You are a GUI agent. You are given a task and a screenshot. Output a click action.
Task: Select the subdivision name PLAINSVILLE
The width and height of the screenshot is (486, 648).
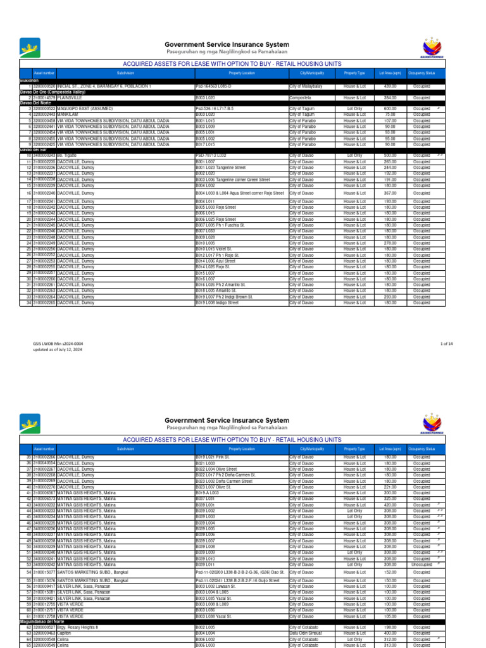(x=70, y=98)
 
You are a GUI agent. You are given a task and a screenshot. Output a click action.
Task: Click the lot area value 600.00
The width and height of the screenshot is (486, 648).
(x=390, y=109)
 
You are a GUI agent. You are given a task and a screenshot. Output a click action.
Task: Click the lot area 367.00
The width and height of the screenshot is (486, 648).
(x=390, y=193)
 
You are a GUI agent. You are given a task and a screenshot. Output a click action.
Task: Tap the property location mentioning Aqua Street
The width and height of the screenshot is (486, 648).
(x=240, y=193)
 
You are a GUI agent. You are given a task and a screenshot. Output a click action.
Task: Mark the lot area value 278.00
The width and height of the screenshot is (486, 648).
(x=390, y=243)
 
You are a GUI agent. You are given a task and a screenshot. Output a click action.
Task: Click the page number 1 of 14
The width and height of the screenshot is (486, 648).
(x=446, y=344)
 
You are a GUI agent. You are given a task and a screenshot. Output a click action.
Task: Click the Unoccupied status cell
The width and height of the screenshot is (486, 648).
(x=421, y=564)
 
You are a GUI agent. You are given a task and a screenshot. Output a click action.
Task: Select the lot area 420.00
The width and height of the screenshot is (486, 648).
(x=390, y=505)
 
